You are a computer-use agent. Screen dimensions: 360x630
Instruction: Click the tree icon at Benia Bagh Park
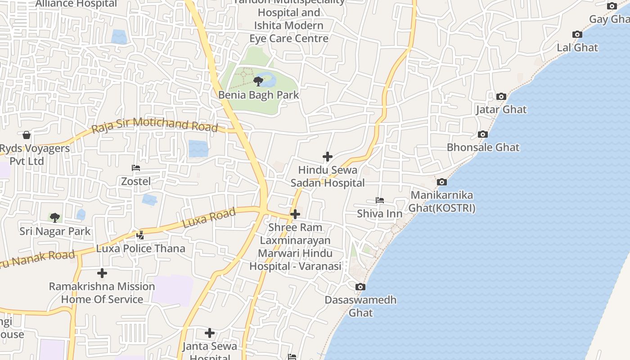click(x=258, y=81)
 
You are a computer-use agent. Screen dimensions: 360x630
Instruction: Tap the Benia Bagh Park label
click(x=258, y=95)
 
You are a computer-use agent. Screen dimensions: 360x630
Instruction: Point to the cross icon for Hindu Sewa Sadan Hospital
click(x=328, y=157)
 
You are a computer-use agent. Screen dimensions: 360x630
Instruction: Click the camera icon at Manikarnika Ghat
click(x=442, y=182)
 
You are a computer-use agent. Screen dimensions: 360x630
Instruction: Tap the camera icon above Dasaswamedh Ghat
click(x=360, y=287)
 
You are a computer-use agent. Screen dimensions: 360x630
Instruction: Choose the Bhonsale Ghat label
click(x=483, y=148)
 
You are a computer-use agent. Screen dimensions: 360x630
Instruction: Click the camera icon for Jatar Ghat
click(x=501, y=96)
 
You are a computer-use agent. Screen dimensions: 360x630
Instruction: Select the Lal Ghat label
click(x=577, y=48)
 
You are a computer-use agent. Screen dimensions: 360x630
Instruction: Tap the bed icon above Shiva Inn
click(x=380, y=200)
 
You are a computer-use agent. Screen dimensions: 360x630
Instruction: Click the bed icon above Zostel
click(x=136, y=168)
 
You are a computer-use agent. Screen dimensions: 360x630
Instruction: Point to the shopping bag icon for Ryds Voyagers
click(x=27, y=135)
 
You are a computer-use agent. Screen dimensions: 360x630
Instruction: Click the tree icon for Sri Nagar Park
click(x=55, y=218)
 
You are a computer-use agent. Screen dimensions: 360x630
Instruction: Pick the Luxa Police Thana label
click(x=140, y=248)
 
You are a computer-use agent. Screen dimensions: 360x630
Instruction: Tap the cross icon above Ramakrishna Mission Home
click(x=102, y=273)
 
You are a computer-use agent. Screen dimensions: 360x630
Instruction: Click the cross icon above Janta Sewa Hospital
click(x=210, y=333)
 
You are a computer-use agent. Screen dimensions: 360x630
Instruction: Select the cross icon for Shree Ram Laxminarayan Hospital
click(x=295, y=214)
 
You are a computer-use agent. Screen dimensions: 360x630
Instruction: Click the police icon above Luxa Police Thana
click(x=140, y=234)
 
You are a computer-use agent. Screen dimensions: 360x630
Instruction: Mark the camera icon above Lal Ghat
click(x=577, y=35)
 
